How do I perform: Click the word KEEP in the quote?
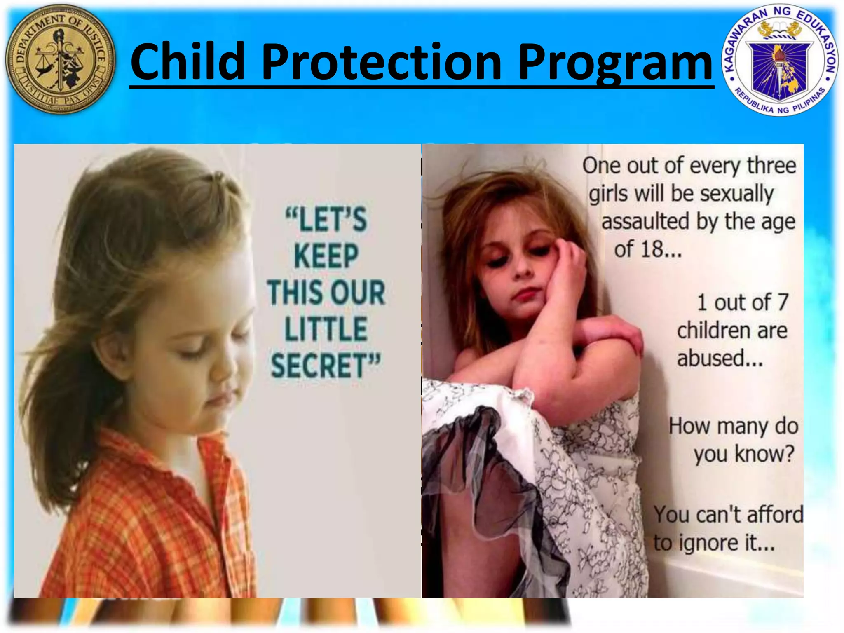(326, 256)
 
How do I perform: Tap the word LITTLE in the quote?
(326, 329)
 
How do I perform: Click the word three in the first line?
(771, 166)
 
